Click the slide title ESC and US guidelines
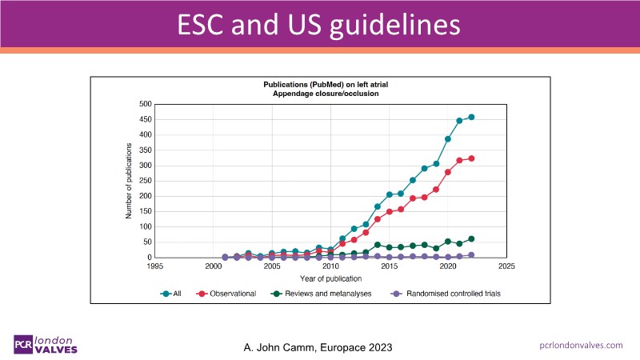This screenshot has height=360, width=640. pos(320,23)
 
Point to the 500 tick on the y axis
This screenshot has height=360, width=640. pos(145,104)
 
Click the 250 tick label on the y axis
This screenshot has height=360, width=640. pos(145,181)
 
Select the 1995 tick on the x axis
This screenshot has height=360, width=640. pos(154,266)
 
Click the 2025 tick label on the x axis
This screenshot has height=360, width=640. pos(506,266)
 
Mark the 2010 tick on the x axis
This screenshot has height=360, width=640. pos(330,266)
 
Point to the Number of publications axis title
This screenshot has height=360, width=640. pos(129,181)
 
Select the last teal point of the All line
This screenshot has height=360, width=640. pos(471,117)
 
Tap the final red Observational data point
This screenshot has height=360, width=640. pos(471,158)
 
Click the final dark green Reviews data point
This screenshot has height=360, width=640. pos(471,238)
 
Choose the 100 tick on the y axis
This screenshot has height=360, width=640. pos(145,227)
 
